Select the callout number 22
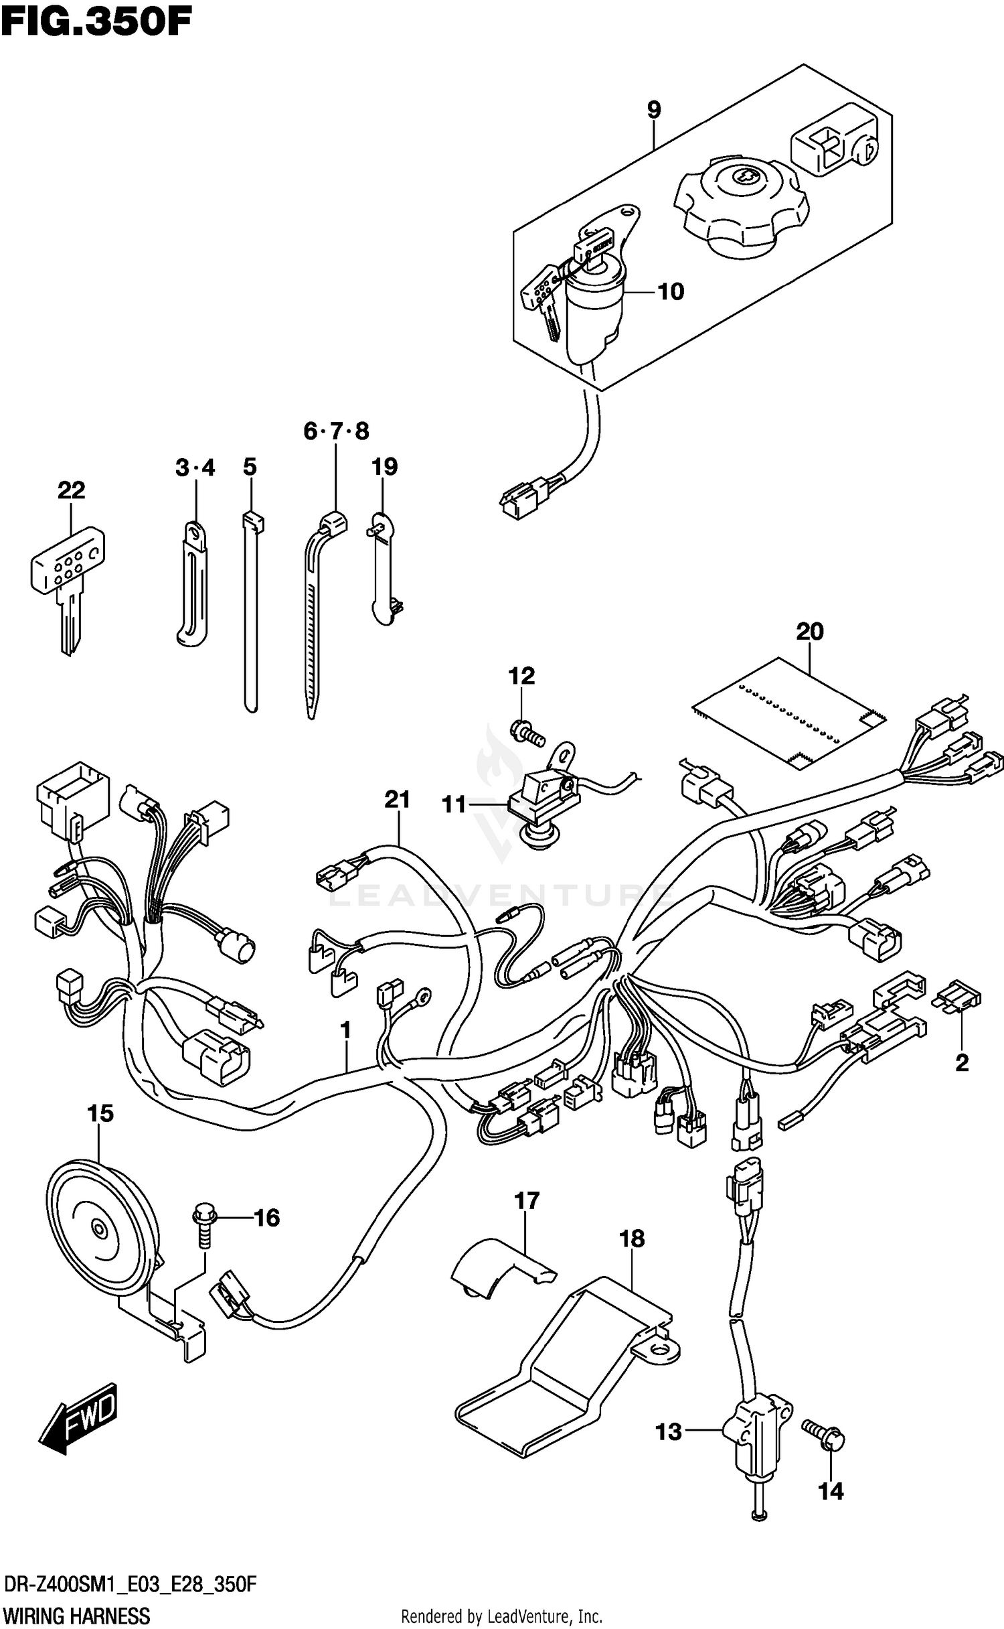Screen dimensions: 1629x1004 point(71,490)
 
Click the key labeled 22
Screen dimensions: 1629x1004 point(68,580)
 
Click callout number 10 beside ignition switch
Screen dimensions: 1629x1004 point(670,291)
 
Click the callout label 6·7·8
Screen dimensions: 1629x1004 point(336,431)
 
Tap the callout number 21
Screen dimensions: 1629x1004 point(397,799)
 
